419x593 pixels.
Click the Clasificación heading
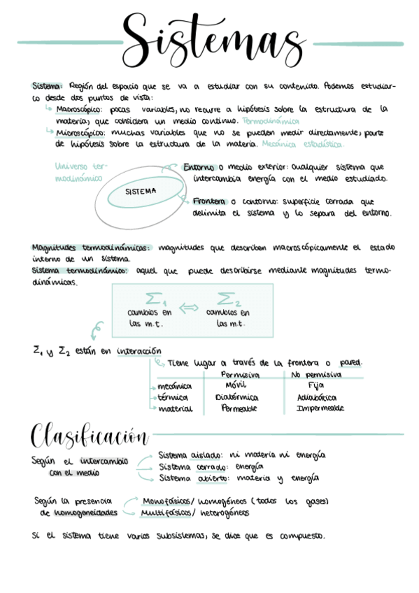click(89, 437)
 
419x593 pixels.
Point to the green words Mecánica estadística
click(301, 145)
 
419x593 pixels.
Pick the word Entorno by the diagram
click(199, 168)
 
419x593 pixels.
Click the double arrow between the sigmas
click(189, 307)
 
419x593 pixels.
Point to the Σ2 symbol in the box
click(229, 298)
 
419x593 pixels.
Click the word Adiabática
click(317, 396)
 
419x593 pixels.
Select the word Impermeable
click(320, 408)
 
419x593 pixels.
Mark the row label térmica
click(175, 397)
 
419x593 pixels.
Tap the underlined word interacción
click(139, 350)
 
